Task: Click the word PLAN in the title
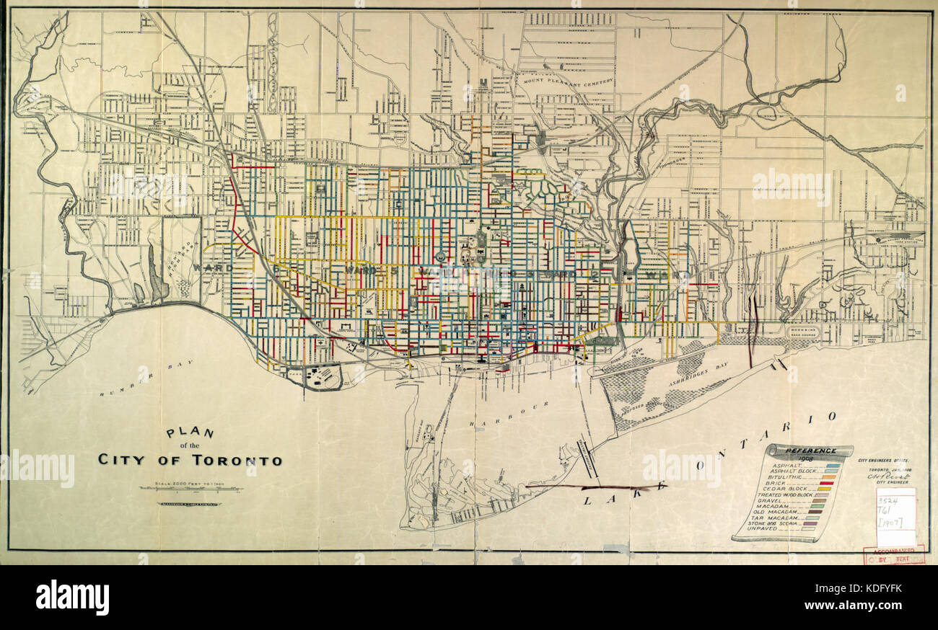tap(190, 432)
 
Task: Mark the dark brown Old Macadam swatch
tap(820, 511)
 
